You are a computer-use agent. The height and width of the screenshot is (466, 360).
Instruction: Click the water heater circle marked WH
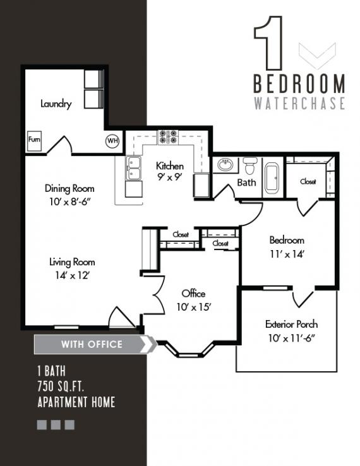coord(112,140)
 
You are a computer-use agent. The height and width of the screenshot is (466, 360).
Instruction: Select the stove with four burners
coord(168,137)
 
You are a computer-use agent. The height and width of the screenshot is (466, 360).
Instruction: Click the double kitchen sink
coord(133,167)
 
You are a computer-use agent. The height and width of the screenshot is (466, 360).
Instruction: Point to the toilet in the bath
coord(250,165)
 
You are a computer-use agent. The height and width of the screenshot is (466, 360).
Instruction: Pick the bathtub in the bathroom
coord(272,177)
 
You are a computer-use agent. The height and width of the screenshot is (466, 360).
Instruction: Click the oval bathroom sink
coord(225,165)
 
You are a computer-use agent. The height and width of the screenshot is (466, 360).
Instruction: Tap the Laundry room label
coord(56,104)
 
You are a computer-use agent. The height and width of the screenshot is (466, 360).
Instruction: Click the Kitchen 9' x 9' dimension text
coord(170,177)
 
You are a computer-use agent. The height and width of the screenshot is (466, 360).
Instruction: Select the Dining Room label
coord(69,188)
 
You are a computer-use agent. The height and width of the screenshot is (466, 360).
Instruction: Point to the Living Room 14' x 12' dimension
coord(72,275)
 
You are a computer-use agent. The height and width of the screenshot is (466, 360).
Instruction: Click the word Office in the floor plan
coord(193,294)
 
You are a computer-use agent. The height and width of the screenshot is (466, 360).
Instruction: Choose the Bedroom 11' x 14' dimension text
coord(287,254)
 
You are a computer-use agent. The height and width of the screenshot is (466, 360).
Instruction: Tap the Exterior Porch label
coord(291,324)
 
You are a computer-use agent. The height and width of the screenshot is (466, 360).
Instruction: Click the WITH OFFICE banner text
coord(92,344)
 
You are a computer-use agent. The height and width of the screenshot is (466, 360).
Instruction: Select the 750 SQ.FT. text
coord(61,386)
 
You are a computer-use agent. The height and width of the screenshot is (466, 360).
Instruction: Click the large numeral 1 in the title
coord(268,43)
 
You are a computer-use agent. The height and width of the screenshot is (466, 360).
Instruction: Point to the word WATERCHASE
coord(299,103)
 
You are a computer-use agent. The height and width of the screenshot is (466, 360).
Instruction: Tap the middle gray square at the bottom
coord(56,425)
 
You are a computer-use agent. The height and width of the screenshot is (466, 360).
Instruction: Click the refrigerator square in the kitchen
coord(201,186)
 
